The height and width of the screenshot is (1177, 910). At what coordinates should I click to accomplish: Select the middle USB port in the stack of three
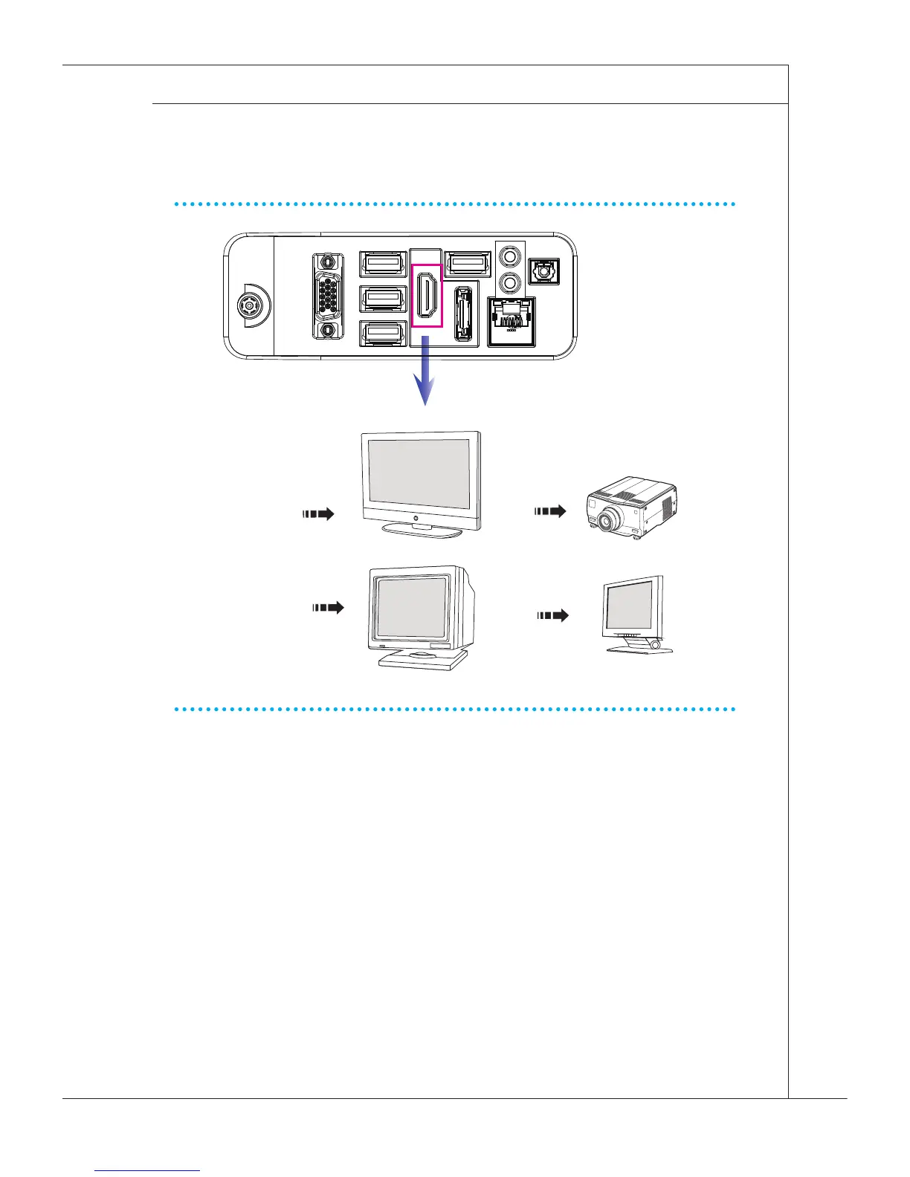383,298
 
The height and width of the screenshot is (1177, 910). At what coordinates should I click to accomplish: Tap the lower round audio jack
510,283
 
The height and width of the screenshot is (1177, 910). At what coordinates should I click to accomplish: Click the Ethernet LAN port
511,320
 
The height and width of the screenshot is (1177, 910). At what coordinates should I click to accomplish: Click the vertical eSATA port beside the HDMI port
462,314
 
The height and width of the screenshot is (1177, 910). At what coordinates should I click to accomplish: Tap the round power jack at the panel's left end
247,305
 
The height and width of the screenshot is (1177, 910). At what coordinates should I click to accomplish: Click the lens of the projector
605,522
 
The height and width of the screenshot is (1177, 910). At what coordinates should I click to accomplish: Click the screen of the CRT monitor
410,606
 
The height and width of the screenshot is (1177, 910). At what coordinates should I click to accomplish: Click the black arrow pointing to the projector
550,511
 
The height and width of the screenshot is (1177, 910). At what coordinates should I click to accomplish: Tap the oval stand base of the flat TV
422,531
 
